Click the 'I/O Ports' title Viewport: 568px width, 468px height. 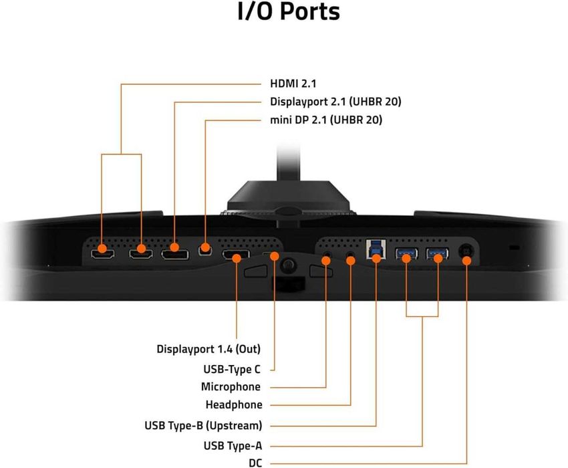point(289,11)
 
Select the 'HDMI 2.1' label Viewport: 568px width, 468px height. point(293,84)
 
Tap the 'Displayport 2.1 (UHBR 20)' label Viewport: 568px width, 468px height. point(335,102)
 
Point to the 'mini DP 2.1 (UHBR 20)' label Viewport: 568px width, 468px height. point(326,120)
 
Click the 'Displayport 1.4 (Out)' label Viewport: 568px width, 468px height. point(208,349)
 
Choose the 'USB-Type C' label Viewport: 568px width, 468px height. point(232,369)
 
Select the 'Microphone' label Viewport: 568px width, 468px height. point(231,387)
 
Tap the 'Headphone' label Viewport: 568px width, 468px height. point(234,404)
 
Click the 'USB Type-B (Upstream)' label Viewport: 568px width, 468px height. point(203,425)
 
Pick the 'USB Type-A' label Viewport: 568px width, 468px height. point(233,445)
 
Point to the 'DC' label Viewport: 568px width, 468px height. point(255,463)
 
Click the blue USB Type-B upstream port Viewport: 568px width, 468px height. point(376,249)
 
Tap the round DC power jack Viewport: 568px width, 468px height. point(466,251)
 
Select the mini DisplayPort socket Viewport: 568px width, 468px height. point(205,250)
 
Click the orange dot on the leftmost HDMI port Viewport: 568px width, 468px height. point(102,249)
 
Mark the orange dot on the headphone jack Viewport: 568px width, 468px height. point(351,260)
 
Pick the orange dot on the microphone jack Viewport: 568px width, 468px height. point(326,260)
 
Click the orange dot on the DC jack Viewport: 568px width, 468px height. point(466,260)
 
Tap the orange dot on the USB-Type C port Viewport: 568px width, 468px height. point(274,256)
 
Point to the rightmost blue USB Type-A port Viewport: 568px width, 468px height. point(437,253)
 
